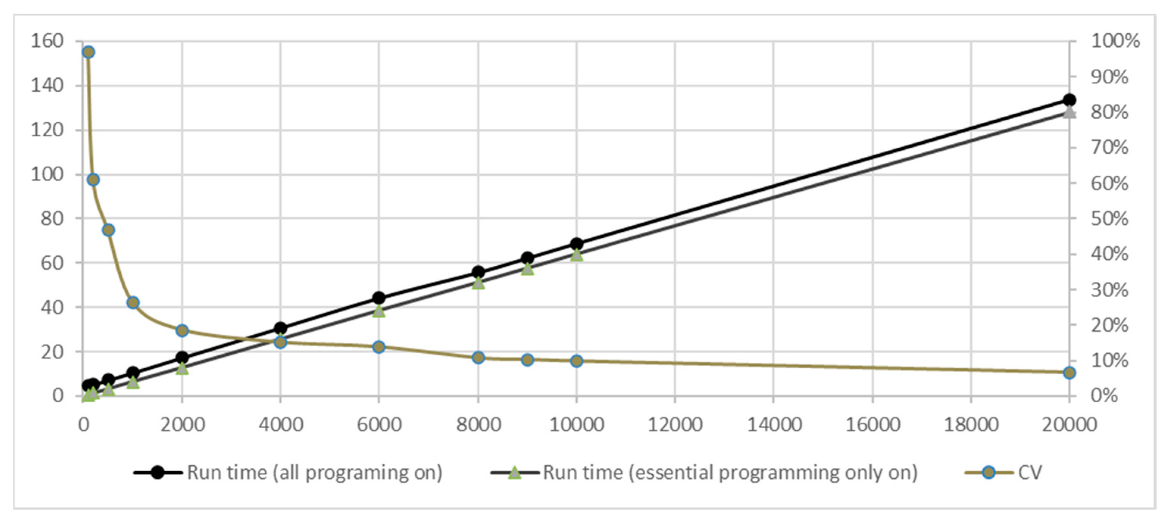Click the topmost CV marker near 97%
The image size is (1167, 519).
coord(88,52)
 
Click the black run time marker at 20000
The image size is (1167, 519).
coord(1070,100)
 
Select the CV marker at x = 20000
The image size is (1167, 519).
coord(1070,373)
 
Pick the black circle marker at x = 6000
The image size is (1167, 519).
coord(379,298)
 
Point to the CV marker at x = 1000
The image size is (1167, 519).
coord(133,302)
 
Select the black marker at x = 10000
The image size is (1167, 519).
coord(576,244)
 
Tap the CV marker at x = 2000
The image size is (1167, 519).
coord(182,330)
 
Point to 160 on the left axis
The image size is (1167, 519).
coord(47,41)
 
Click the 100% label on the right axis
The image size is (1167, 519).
coord(1115,41)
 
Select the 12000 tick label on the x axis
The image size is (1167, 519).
coord(675,425)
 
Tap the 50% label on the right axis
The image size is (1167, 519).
coord(1109,219)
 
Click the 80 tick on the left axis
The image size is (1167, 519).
coord(52,219)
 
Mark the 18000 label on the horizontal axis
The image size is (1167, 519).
coord(971,425)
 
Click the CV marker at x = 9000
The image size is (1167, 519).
coord(527,360)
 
